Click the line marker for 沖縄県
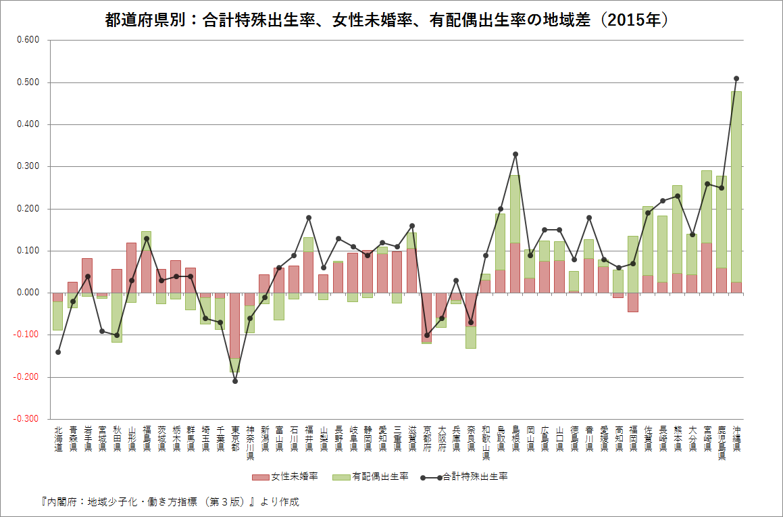736,78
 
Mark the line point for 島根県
515,154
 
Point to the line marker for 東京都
235,381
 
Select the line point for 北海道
58,352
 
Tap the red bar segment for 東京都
235,325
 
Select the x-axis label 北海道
58,439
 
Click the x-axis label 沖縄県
736,439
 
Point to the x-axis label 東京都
235,439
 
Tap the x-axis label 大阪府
442,439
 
